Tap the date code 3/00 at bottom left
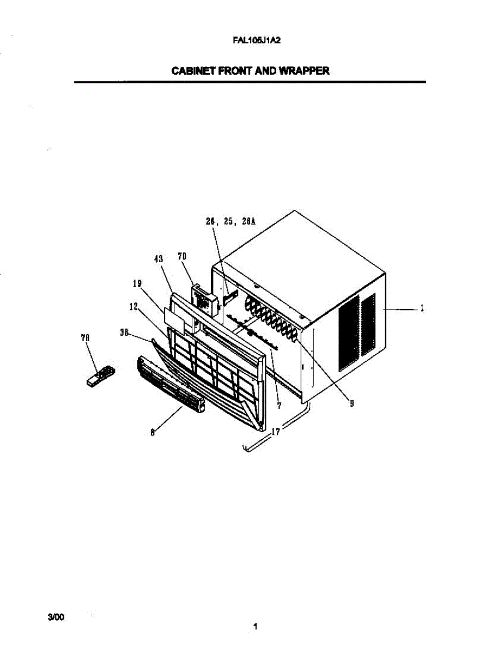point(56,617)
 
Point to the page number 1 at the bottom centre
point(255,627)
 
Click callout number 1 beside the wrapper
point(422,308)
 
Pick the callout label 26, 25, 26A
point(230,222)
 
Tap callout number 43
point(159,259)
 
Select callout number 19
point(137,283)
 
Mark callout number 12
point(133,307)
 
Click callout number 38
point(124,332)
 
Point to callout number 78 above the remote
point(85,338)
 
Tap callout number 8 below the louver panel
point(153,433)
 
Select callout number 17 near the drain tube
point(276,432)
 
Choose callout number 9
point(352,403)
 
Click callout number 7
point(279,405)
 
